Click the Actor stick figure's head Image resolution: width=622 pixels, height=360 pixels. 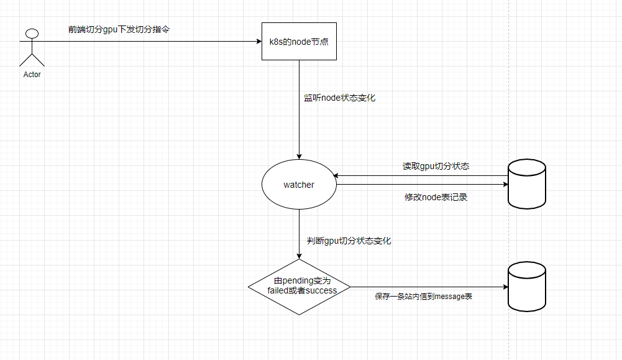(32, 34)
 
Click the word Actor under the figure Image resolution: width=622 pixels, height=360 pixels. (32, 75)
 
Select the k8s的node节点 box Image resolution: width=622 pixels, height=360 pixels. (299, 42)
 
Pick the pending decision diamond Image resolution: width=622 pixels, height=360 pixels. (299, 287)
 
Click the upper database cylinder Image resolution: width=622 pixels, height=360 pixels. (526, 183)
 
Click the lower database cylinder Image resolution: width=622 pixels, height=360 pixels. (526, 286)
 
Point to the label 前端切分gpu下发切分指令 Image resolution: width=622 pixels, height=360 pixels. (118, 29)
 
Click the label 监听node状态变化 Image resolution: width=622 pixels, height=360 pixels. (339, 98)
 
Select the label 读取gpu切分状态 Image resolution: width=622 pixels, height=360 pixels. (436, 167)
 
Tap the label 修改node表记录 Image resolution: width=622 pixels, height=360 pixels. (436, 198)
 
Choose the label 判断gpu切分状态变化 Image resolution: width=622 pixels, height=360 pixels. (349, 241)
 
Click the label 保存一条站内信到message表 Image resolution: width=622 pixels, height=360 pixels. (423, 297)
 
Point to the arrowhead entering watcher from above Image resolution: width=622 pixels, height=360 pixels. (299, 156)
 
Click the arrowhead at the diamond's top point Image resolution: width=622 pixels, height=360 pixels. (299, 256)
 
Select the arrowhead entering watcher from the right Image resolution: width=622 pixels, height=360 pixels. (336, 175)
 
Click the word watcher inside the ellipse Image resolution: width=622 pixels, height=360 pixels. (299, 185)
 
